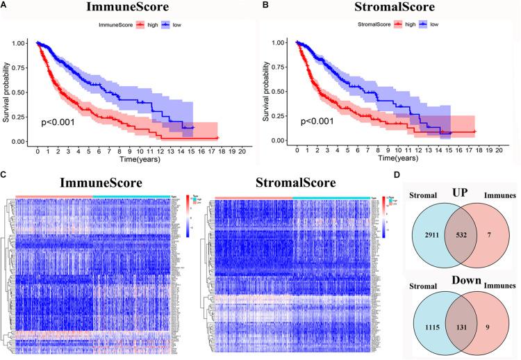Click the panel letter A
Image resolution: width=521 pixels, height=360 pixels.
pos(5,6)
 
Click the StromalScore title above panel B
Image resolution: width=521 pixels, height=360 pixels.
pos(386,8)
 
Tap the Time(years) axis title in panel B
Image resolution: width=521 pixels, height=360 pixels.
pos(392,160)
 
